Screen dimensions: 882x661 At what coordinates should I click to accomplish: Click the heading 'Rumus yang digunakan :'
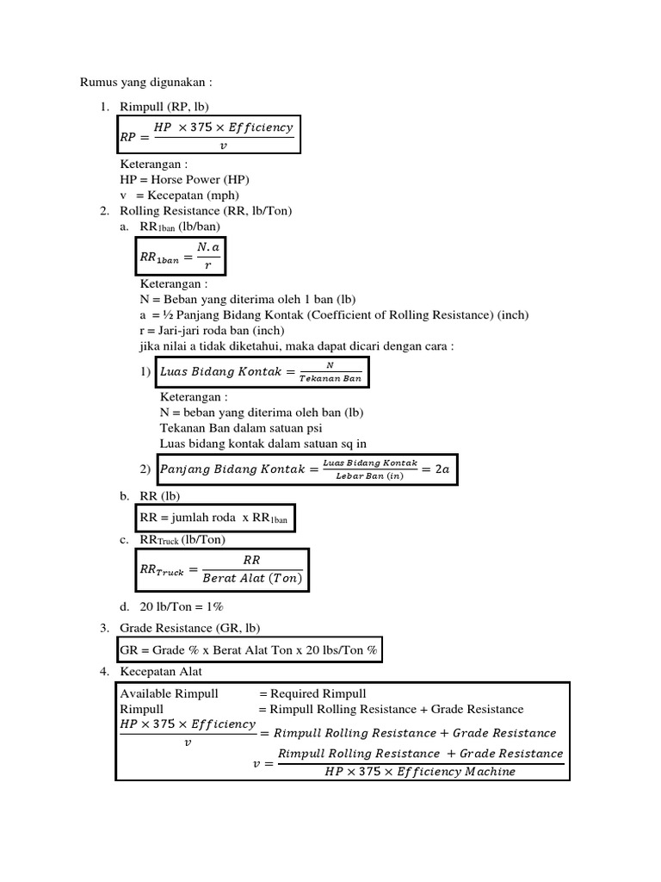pos(145,82)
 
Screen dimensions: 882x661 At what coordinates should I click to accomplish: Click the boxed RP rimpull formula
pos(208,135)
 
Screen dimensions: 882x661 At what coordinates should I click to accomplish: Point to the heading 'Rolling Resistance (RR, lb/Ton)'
pos(207,210)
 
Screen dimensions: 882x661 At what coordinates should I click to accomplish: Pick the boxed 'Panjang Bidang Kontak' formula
pos(306,469)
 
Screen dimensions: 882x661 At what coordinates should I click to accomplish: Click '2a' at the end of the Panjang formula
pos(442,469)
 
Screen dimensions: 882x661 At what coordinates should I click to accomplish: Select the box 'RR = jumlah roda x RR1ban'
pos(215,519)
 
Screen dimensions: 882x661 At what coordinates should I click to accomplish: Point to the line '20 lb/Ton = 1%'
pos(182,606)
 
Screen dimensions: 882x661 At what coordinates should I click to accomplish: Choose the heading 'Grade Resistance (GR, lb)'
pos(190,627)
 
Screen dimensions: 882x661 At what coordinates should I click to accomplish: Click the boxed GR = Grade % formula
pos(249,650)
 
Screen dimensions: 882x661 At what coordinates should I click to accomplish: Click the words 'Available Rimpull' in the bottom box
pos(170,693)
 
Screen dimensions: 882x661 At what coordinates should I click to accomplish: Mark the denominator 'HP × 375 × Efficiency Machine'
pos(420,771)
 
